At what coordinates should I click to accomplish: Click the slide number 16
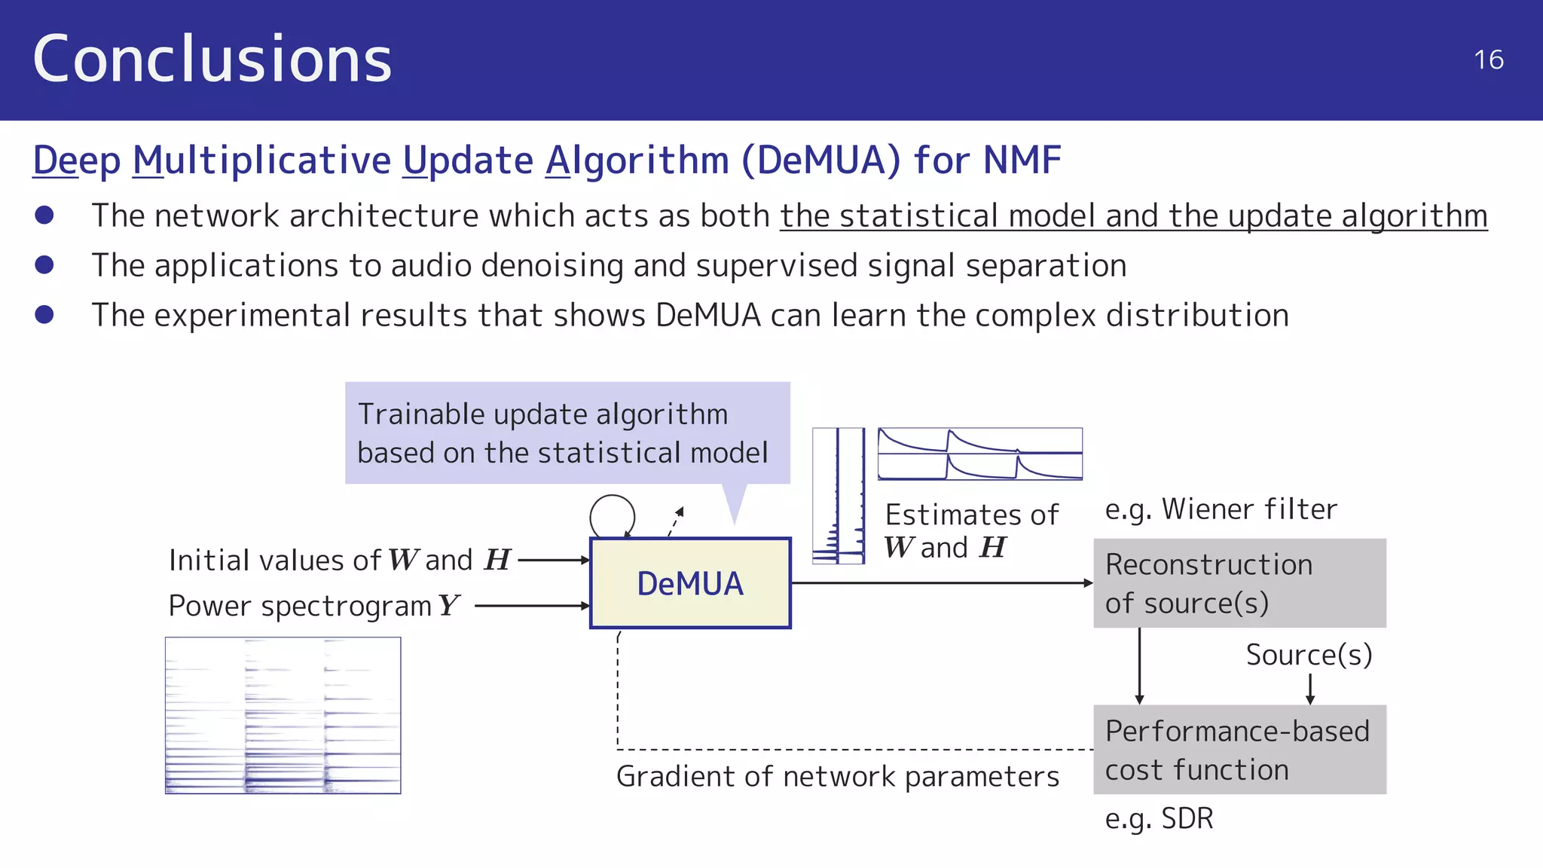coord(1488,60)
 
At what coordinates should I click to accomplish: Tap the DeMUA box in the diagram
coord(690,583)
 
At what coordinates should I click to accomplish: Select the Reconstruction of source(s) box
coord(1239,583)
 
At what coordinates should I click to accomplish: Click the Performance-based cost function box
coord(1239,750)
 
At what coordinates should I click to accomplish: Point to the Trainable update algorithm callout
coord(567,433)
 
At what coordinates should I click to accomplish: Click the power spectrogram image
coord(283,715)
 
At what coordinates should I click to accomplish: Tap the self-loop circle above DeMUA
coord(612,515)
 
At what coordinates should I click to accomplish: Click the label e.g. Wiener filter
coord(1221,509)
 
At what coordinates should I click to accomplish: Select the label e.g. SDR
coord(1159,818)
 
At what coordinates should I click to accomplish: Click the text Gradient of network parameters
coord(838,776)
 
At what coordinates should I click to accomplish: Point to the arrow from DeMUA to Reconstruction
coord(942,582)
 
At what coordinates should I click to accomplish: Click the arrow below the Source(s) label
coord(1310,689)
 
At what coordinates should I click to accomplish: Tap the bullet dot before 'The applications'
coord(44,264)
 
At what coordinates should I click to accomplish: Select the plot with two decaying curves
coord(979,454)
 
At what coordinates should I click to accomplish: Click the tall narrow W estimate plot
coord(838,496)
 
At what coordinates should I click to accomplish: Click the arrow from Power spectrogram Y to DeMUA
coord(532,605)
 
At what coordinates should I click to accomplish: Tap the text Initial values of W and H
coord(339,560)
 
